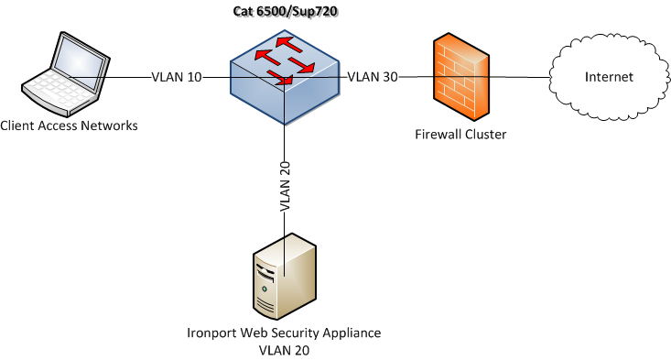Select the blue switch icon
tap(285, 77)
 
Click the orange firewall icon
tap(460, 77)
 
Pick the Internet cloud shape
tap(610, 77)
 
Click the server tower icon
tap(285, 276)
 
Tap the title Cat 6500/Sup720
tap(285, 12)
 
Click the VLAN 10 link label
tap(177, 77)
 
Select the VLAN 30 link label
tap(373, 77)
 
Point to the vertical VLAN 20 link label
tap(285, 186)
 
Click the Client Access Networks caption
tap(69, 125)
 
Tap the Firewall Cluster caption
tap(460, 135)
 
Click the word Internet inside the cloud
tap(609, 77)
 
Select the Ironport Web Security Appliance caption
tap(284, 333)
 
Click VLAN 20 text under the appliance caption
tap(284, 351)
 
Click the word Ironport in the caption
tap(211, 333)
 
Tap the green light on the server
tap(265, 289)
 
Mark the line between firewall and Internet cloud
tap(519, 77)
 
